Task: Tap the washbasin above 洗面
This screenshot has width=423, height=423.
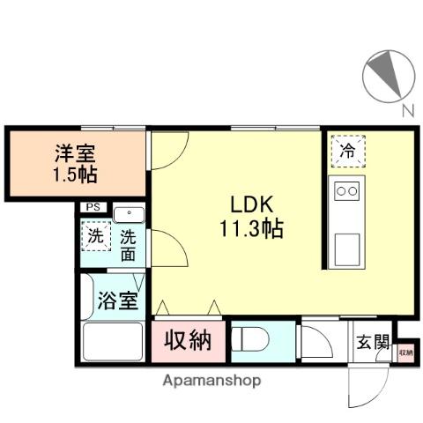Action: [130, 215]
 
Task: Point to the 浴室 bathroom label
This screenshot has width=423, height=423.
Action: [115, 301]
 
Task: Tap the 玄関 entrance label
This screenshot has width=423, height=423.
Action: [371, 342]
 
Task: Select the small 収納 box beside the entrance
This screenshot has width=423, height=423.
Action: [404, 352]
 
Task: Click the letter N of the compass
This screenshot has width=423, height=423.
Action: [407, 111]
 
